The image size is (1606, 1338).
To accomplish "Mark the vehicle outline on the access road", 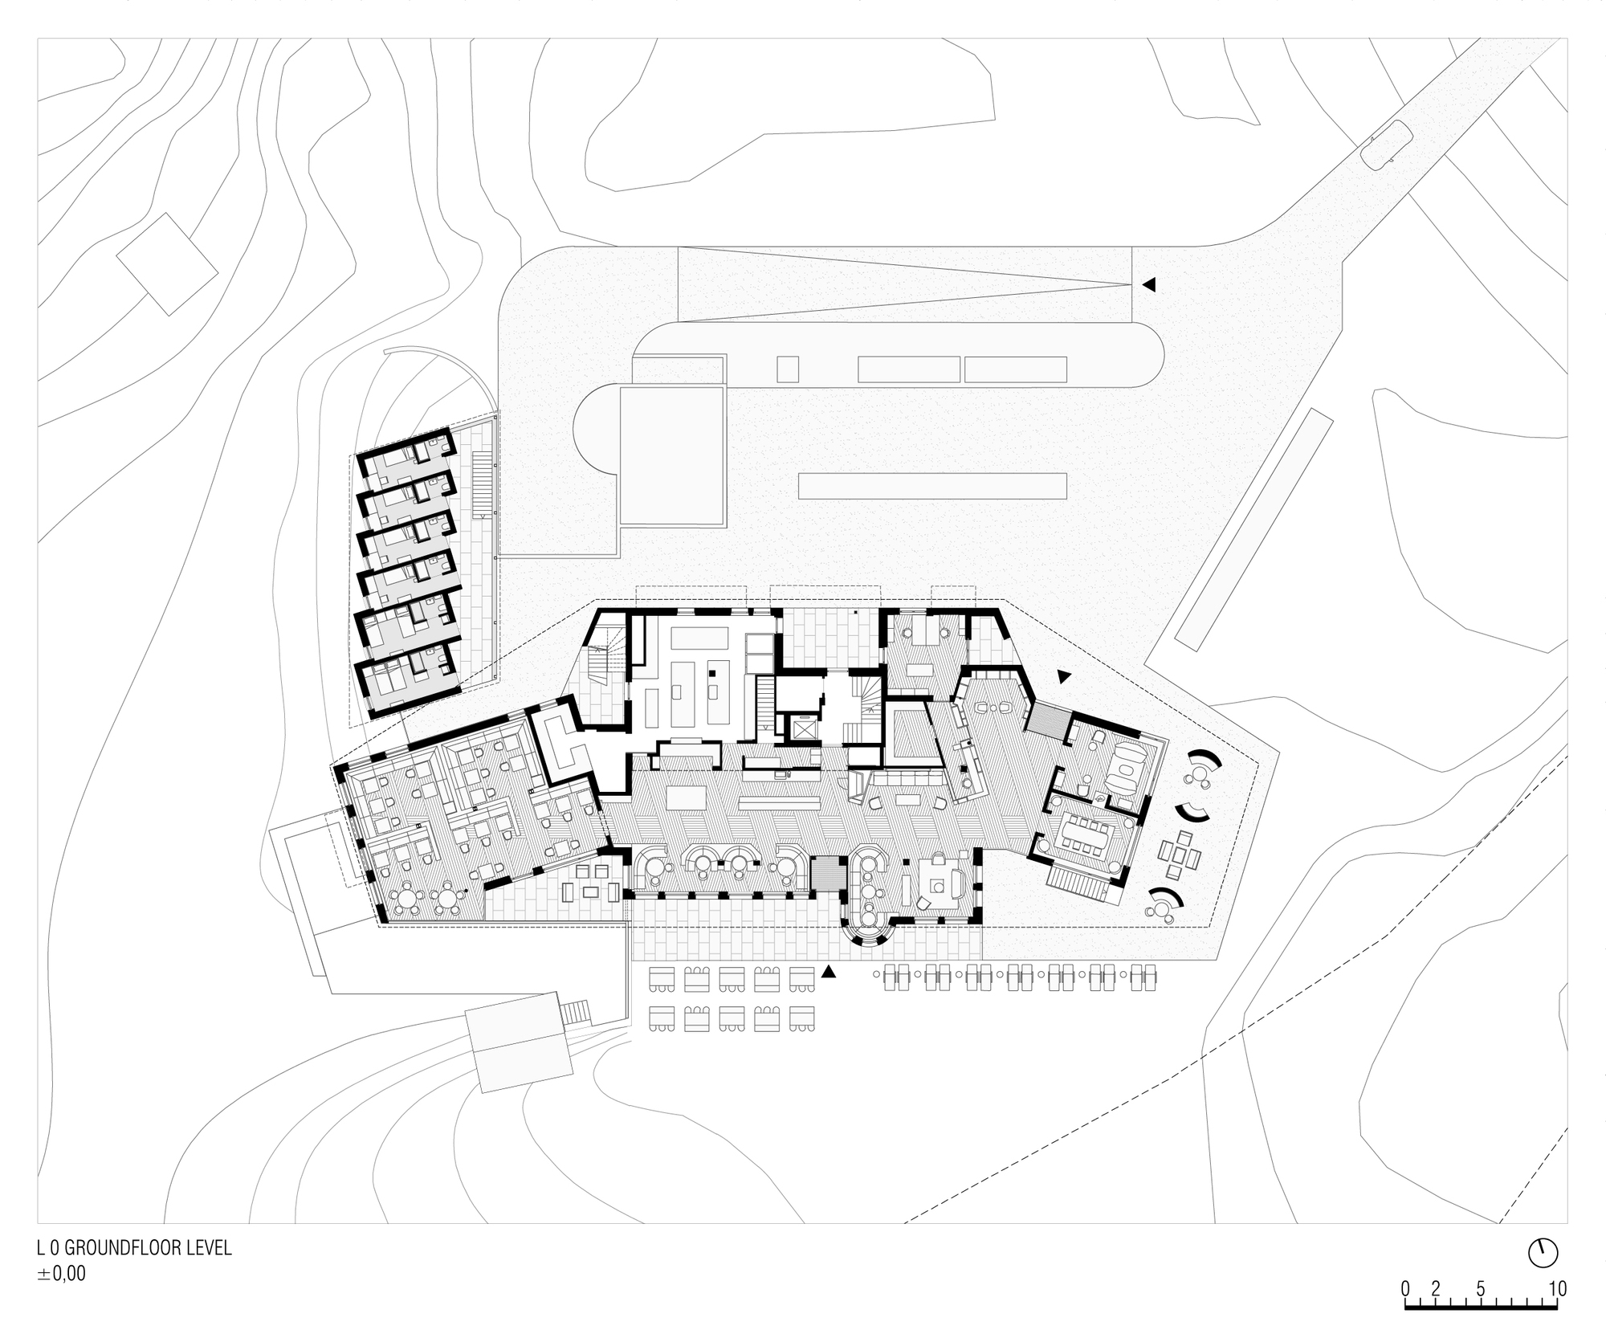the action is coord(1386,145).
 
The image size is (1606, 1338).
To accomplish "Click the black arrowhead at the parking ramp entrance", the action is coord(1149,284).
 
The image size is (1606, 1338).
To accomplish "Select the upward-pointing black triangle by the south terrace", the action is coord(829,972).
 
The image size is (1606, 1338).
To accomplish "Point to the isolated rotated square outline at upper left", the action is coord(168,264).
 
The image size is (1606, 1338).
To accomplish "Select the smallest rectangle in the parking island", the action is coord(788,369).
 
